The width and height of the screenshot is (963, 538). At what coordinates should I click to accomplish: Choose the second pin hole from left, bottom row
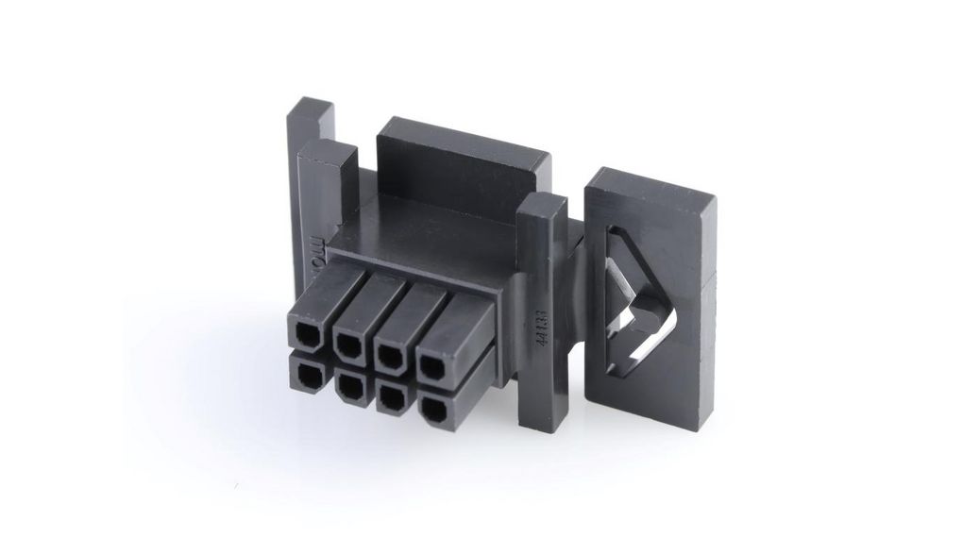click(x=347, y=385)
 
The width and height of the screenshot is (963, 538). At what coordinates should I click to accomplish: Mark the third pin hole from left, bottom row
click(x=388, y=395)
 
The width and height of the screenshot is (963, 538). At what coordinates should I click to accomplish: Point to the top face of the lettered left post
click(x=327, y=151)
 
